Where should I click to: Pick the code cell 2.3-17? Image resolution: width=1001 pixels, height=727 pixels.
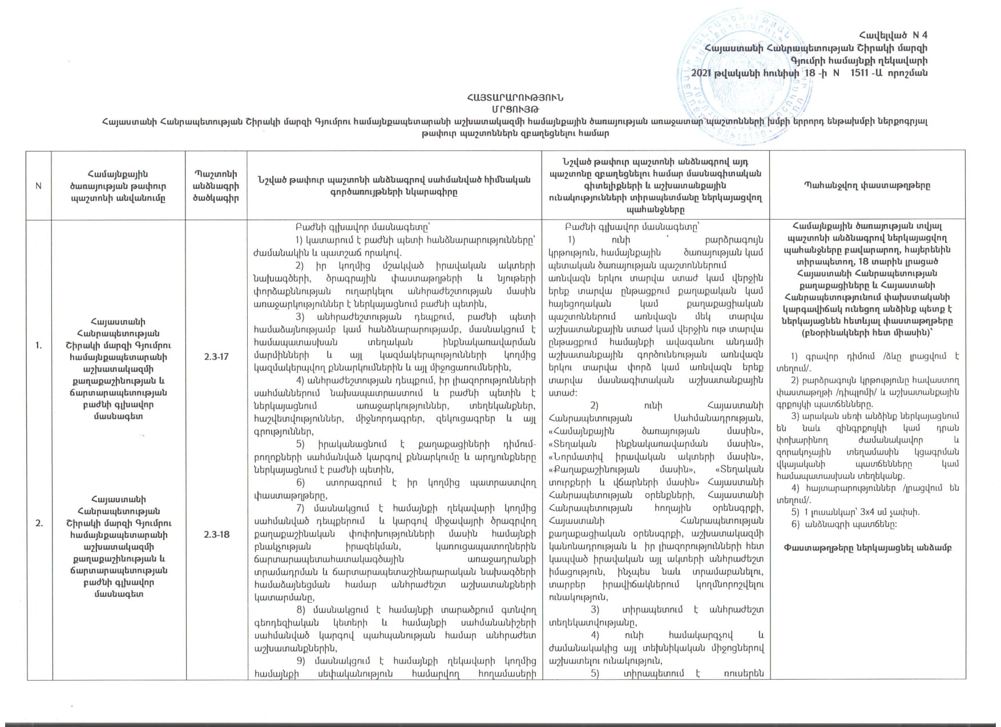tap(216, 356)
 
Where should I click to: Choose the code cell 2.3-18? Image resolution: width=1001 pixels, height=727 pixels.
tap(216, 534)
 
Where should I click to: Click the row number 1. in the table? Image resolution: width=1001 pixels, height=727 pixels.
tap(39, 345)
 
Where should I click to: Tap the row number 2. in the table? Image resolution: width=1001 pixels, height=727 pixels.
tap(39, 523)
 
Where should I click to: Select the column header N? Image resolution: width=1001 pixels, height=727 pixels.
tap(39, 186)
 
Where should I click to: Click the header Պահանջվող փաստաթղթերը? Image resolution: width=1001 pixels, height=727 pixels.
tap(867, 185)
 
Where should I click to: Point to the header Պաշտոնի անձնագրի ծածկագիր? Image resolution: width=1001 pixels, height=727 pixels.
tap(216, 186)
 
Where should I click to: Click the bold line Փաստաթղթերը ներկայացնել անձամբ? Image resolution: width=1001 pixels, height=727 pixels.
tap(867, 548)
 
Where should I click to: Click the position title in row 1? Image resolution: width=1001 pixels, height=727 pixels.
tap(119, 369)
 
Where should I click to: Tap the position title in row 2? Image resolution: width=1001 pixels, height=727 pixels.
tap(119, 547)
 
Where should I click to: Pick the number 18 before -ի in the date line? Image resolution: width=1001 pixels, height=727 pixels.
tap(810, 73)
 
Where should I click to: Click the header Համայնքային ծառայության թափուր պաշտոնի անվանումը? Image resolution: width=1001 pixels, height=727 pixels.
tap(119, 186)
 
